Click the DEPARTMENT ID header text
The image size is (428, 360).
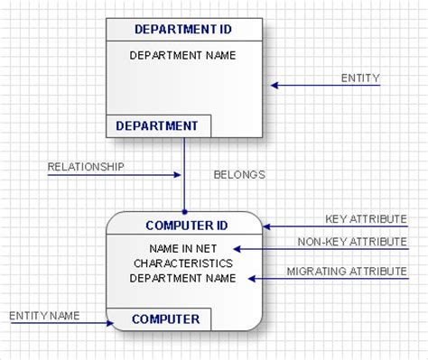click(183, 29)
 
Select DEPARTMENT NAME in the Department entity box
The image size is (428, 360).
click(183, 55)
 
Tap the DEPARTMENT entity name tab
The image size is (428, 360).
click(157, 125)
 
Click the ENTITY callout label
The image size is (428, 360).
click(360, 78)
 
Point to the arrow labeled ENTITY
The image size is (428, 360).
click(325, 86)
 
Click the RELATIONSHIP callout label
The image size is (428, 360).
click(86, 167)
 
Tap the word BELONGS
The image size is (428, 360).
click(239, 174)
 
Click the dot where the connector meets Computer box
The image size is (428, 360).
click(184, 210)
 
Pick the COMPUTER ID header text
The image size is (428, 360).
click(187, 225)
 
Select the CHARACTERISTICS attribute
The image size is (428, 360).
click(183, 263)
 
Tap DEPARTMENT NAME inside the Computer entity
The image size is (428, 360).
click(183, 278)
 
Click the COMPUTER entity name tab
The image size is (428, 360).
click(166, 318)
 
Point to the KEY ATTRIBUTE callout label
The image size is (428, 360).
click(366, 219)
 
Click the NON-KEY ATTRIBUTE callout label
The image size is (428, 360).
click(352, 241)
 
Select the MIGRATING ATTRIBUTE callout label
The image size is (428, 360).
click(347, 271)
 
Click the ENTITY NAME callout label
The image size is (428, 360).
click(45, 316)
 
